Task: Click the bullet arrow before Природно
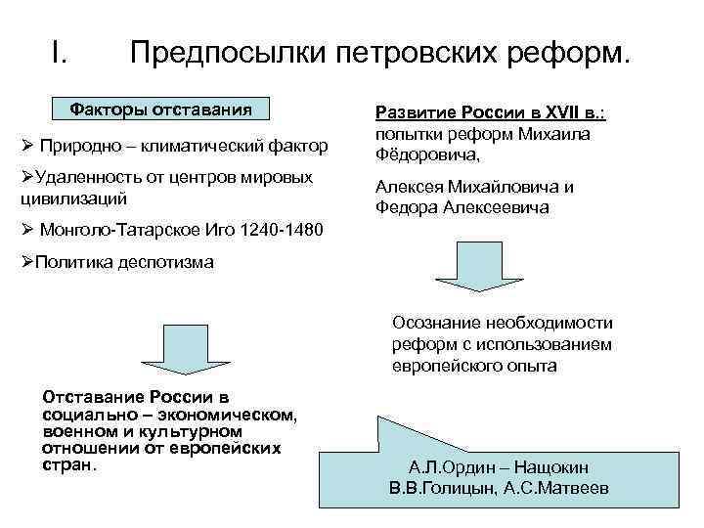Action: [x=26, y=147]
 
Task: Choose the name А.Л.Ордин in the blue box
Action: [x=451, y=467]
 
